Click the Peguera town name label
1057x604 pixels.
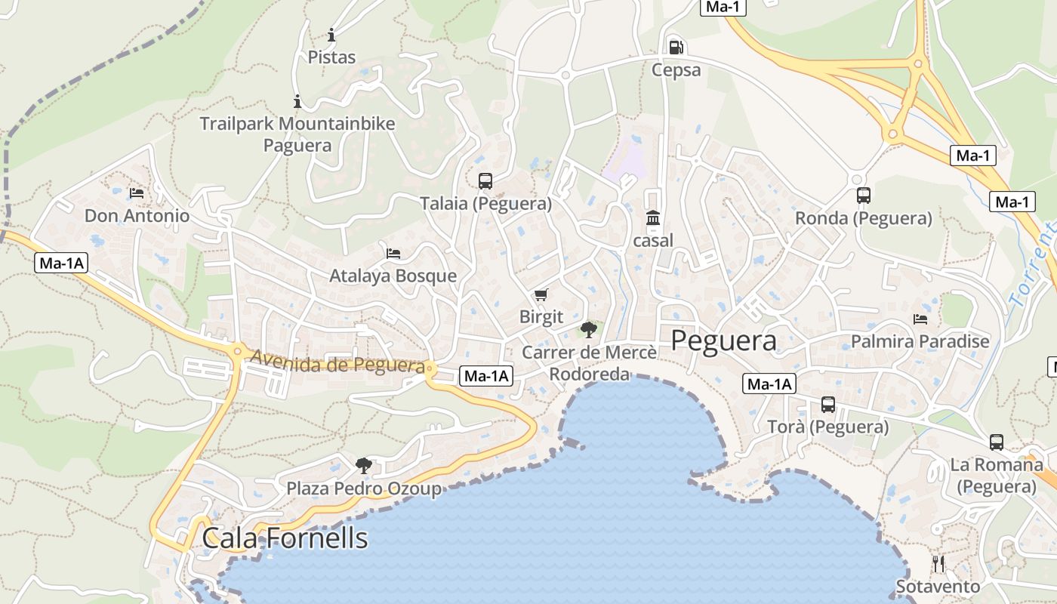[723, 341]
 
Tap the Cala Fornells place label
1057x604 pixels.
[285, 538]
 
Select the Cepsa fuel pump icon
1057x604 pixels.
[676, 48]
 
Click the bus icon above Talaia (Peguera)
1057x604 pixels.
[485, 181]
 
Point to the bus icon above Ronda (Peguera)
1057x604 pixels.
[864, 196]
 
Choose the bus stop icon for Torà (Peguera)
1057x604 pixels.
[828, 405]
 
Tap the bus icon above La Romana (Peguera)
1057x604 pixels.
[997, 442]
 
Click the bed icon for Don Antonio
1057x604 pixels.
[137, 193]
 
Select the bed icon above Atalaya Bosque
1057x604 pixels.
[393, 253]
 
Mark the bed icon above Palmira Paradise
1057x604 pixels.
[920, 319]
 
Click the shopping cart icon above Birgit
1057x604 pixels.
[541, 294]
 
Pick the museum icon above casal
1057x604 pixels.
[653, 219]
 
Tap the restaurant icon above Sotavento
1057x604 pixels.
[938, 563]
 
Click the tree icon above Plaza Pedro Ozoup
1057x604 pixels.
[364, 465]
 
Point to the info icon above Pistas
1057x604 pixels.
[331, 35]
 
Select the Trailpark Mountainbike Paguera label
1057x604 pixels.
[297, 134]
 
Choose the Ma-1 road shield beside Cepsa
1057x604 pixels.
[723, 8]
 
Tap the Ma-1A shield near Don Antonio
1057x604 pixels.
[61, 263]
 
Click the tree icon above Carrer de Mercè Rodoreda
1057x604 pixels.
[588, 329]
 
